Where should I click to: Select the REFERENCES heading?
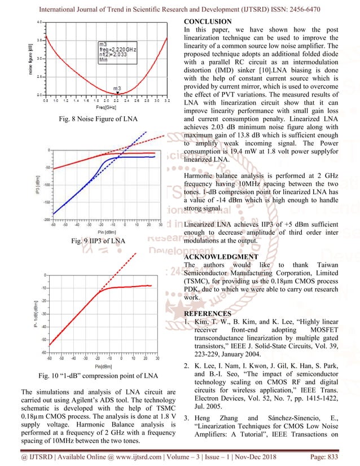[208, 313]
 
